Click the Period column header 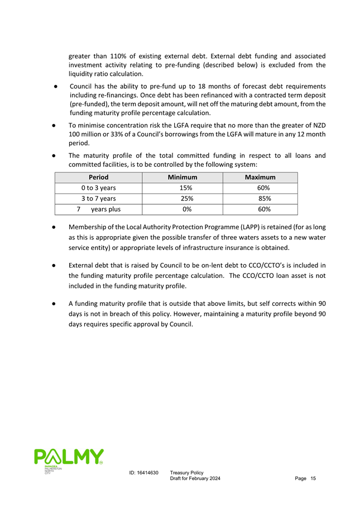(x=98, y=177)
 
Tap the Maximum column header (x=260, y=177)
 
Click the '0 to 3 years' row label (x=98, y=188)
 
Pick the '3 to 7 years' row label (x=98, y=199)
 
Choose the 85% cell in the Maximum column (x=260, y=199)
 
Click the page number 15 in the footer (x=313, y=479)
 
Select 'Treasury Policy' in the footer (x=186, y=473)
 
